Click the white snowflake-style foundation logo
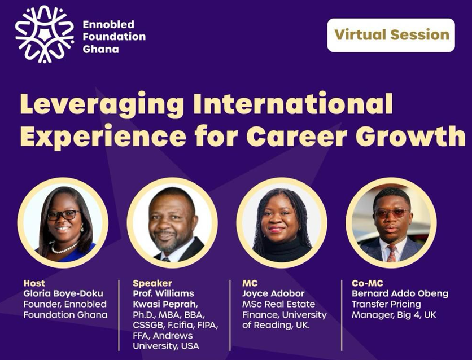[x=45, y=34]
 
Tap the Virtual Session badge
[x=391, y=35]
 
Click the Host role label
[x=34, y=283]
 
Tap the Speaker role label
[x=152, y=283]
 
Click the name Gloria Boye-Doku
[x=63, y=293]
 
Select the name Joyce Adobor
[x=273, y=293]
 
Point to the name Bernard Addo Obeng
[x=400, y=293]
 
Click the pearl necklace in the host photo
[x=64, y=248]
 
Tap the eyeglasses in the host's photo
[x=63, y=215]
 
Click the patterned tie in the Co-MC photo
[x=392, y=253]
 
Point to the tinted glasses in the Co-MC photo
[x=392, y=213]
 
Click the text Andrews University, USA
[x=166, y=341]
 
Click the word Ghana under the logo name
[x=100, y=49]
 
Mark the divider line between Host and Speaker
[x=119, y=315]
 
